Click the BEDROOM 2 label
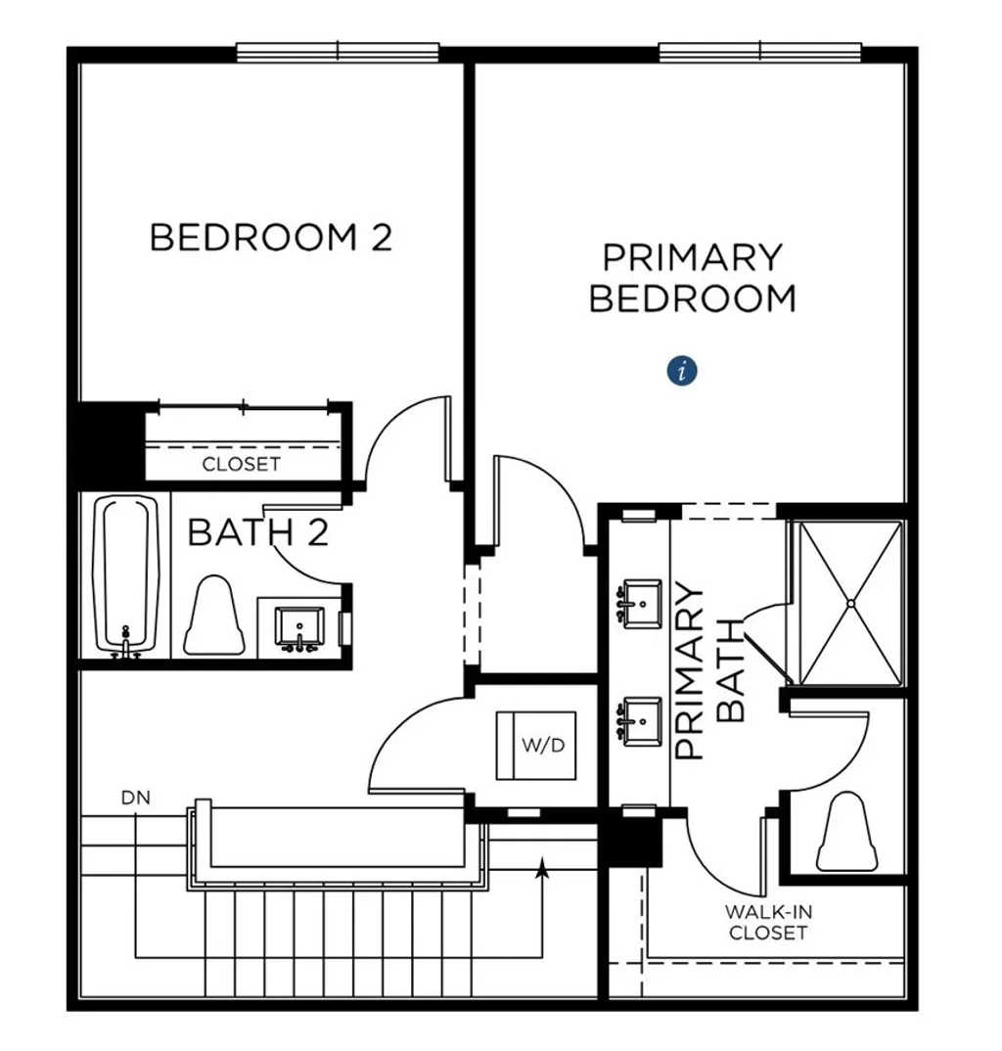270,238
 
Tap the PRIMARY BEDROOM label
693,278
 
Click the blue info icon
683,371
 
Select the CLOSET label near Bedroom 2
241,464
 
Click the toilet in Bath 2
214,616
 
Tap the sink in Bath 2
299,625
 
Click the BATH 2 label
256,533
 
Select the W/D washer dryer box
535,746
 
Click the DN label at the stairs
136,798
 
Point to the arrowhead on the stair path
541,865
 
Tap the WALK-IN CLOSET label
768,922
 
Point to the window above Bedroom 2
338,51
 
